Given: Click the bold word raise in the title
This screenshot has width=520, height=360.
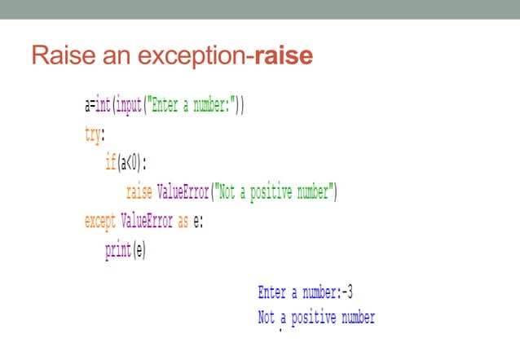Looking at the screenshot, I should coord(284,57).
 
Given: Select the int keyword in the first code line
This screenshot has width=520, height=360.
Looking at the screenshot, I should coord(104,106).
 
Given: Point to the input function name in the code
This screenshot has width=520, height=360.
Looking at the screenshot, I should coord(128,106).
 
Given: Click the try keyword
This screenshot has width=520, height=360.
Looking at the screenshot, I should coord(94,134).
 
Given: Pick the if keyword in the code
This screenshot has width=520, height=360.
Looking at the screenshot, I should coord(110,163).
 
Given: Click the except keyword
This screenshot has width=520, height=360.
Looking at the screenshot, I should coord(100,221).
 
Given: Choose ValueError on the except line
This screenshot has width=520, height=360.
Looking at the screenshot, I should coord(147,221).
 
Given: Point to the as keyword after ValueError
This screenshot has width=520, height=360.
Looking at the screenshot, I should coord(183,221).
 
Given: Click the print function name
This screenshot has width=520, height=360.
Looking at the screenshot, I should coord(117,250).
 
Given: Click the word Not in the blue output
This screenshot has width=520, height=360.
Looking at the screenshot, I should coord(267,318).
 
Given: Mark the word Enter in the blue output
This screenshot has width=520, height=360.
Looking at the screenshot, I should coord(271,292).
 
